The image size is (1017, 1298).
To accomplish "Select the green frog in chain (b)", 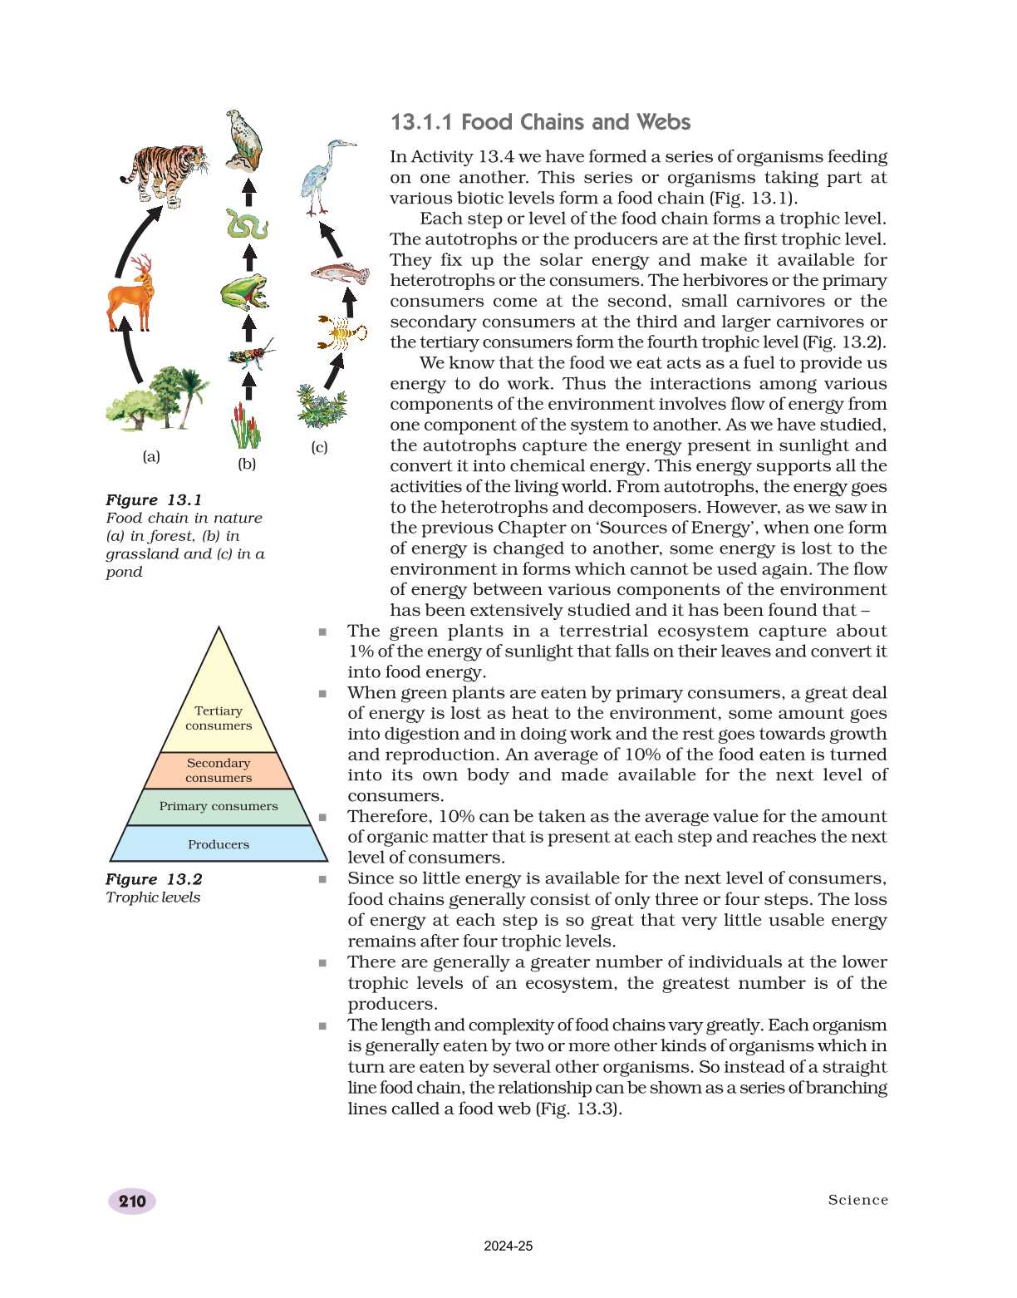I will [245, 292].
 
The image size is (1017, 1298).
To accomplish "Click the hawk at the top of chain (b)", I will [244, 140].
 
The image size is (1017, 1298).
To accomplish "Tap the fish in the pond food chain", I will [340, 272].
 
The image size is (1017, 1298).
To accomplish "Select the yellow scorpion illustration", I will [341, 332].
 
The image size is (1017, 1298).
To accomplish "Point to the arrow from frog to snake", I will [248, 257].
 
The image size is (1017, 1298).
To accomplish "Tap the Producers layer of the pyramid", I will [219, 844].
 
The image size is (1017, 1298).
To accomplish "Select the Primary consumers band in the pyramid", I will [219, 806].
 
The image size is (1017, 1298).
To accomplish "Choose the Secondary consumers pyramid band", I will [219, 770].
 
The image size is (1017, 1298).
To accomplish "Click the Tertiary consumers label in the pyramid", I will [219, 718].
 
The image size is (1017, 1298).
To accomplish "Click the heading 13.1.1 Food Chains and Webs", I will [540, 122].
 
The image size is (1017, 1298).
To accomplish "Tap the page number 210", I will [132, 1201].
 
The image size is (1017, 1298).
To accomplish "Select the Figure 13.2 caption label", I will [154, 879].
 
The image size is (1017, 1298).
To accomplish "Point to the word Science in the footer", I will [857, 1200].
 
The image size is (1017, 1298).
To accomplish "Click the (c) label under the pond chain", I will [319, 447].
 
